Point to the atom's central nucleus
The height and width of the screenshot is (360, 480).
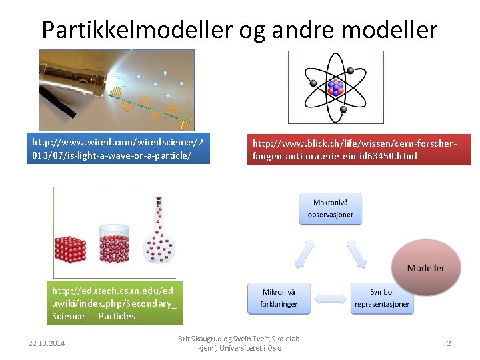click(335, 87)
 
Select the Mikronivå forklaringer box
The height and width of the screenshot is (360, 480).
click(279, 298)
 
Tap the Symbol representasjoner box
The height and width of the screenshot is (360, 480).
click(382, 298)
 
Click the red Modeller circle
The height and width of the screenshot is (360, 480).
click(426, 267)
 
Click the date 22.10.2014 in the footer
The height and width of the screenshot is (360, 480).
click(48, 343)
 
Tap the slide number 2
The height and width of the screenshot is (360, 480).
click(449, 343)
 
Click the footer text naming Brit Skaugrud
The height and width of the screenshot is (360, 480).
click(239, 343)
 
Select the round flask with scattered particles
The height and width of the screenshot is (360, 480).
click(157, 247)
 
